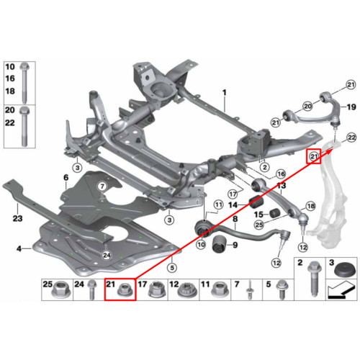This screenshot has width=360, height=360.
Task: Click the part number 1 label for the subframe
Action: coord(225,92)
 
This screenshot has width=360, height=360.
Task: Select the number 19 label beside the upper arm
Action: coord(351,107)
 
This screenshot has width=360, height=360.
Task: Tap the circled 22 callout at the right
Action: coord(351,138)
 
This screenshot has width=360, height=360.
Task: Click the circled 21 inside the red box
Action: coord(314,156)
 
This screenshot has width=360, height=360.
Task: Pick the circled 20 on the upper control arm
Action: coord(307,106)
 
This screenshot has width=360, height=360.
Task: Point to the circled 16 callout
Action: coord(281,174)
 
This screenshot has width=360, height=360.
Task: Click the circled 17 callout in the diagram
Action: coord(233,194)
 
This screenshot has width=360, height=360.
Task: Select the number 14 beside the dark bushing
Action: coord(233,205)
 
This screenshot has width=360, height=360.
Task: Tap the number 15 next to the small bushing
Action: coord(258,215)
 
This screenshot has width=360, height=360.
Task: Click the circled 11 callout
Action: coord(218,205)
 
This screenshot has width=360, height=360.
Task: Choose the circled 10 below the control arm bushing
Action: coord(201,245)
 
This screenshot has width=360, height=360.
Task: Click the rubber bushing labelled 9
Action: coord(219,245)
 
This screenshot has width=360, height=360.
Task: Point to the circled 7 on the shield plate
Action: coord(102,186)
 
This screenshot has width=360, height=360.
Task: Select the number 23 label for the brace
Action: coord(17,218)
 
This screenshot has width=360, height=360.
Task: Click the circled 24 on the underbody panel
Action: coord(107,255)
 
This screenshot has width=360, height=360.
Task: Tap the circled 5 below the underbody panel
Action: coord(172,268)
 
